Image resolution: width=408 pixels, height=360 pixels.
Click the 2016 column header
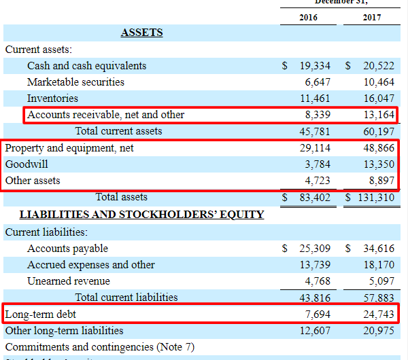click(x=308, y=17)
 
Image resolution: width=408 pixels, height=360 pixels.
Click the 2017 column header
click(x=371, y=17)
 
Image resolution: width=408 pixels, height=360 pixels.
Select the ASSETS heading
click(x=141, y=33)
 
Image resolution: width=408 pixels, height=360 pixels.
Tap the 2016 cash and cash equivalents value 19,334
click(x=315, y=66)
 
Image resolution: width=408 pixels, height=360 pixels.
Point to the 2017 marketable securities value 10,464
click(x=379, y=82)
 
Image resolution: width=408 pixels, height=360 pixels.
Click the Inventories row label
click(x=52, y=98)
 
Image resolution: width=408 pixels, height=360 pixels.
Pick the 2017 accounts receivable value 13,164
click(x=379, y=115)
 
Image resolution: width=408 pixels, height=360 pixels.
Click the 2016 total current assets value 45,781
click(x=315, y=131)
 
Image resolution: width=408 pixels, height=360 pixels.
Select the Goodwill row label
click(x=27, y=164)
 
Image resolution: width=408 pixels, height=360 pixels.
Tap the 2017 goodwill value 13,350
click(x=379, y=164)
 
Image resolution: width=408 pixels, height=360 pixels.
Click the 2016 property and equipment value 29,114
click(x=315, y=147)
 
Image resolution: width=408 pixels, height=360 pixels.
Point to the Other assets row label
click(x=33, y=181)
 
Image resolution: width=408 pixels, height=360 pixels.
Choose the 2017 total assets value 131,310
click(x=373, y=198)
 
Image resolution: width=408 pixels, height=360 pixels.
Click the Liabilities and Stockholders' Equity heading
click(x=141, y=215)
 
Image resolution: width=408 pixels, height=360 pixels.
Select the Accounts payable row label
click(x=67, y=249)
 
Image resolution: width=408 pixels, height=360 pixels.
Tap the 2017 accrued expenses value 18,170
click(x=379, y=265)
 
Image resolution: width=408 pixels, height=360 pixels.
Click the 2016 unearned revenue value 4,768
click(x=318, y=281)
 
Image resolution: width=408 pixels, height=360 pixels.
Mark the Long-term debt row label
click(x=41, y=314)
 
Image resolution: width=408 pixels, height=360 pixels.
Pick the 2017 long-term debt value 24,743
click(x=379, y=314)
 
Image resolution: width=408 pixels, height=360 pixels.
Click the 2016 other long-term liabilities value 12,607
click(x=315, y=331)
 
